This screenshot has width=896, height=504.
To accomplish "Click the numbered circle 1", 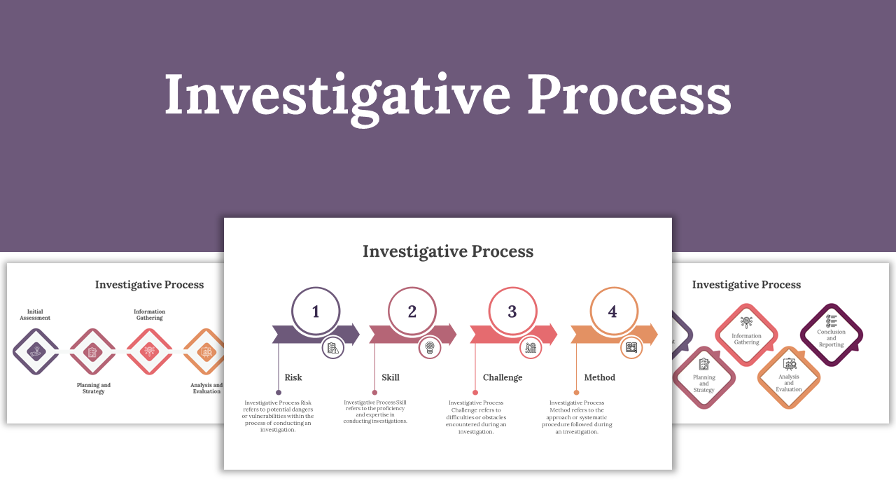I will tap(316, 311).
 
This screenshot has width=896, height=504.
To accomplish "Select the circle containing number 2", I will tap(412, 311).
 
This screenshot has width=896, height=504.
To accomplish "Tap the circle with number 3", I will tap(512, 311).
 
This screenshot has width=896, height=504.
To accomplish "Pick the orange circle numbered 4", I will tap(613, 311).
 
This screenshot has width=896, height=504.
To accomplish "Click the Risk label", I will tap(293, 377).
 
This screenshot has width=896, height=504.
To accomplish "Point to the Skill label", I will tap(391, 377).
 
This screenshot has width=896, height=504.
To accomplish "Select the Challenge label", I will tap(503, 377).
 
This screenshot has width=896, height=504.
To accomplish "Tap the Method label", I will tap(600, 377).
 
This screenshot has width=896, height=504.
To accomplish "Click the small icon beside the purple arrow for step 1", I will tap(333, 347).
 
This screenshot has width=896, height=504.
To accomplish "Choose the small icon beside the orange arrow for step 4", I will tap(631, 347).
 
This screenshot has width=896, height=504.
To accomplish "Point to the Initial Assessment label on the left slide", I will tap(35, 314).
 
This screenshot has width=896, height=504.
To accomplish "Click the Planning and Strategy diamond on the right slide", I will tap(704, 378).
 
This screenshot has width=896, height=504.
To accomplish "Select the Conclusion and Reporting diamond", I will tap(832, 335).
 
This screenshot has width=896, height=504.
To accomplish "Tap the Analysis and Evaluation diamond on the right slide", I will tap(789, 378).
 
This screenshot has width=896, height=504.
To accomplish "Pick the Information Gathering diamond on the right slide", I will tap(746, 335).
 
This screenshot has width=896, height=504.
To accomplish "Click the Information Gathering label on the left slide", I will tap(149, 314).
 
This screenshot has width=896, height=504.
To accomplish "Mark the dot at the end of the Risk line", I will tap(279, 393).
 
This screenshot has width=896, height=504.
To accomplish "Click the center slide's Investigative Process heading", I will tap(448, 251).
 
